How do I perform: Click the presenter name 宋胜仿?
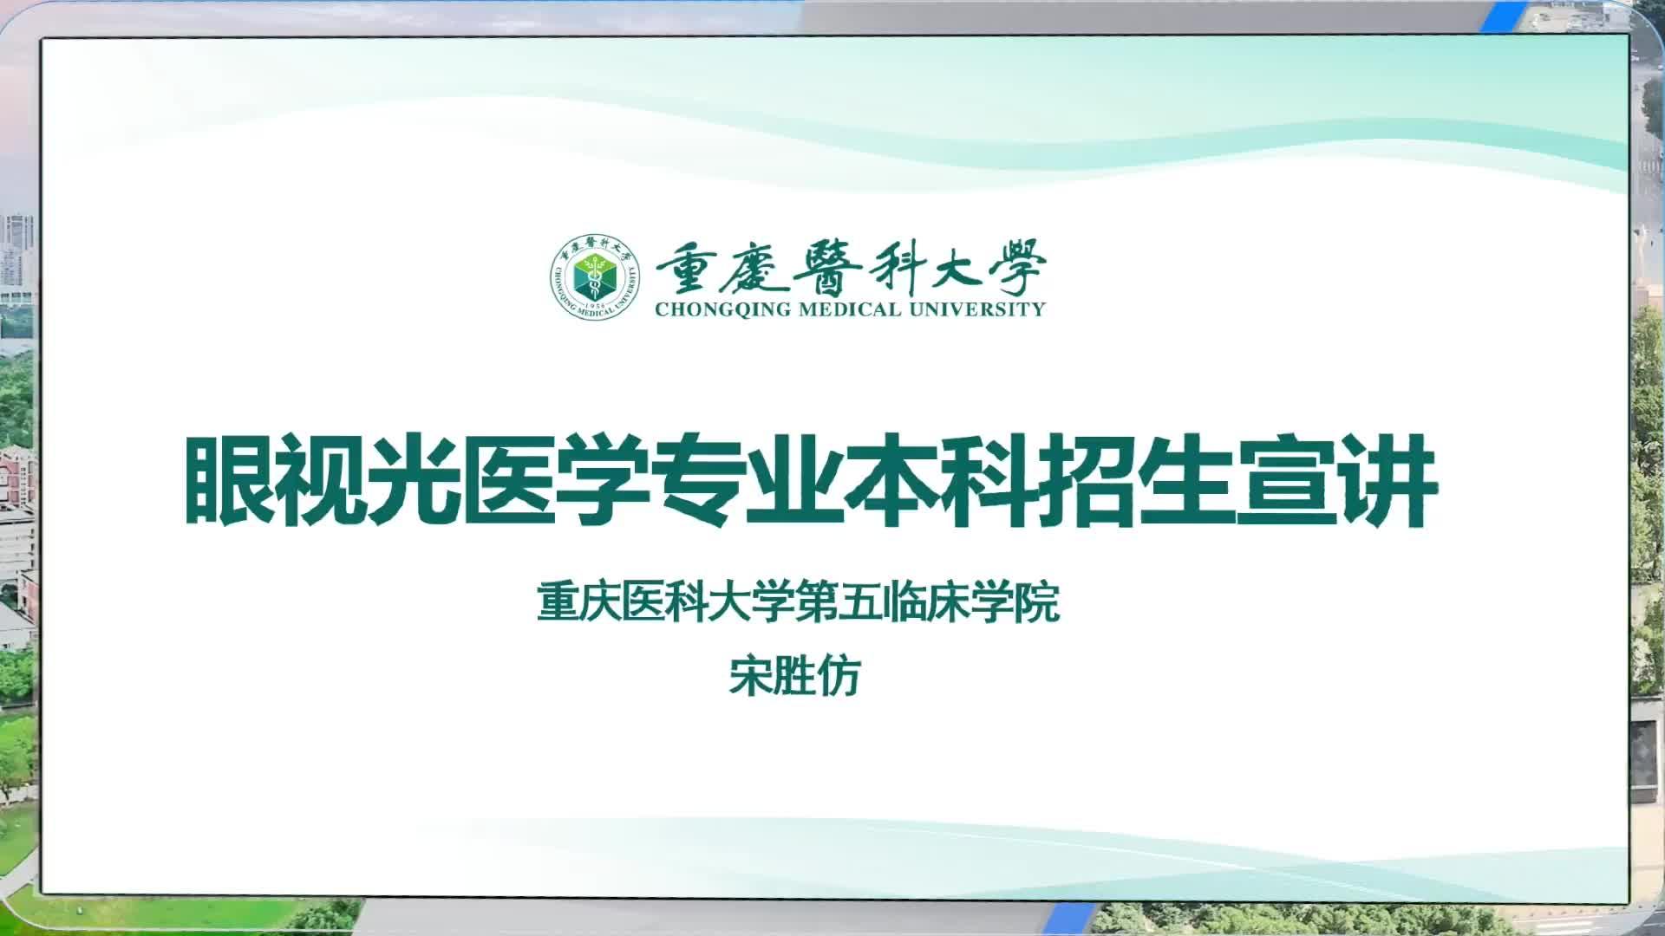pyautogui.click(x=793, y=677)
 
